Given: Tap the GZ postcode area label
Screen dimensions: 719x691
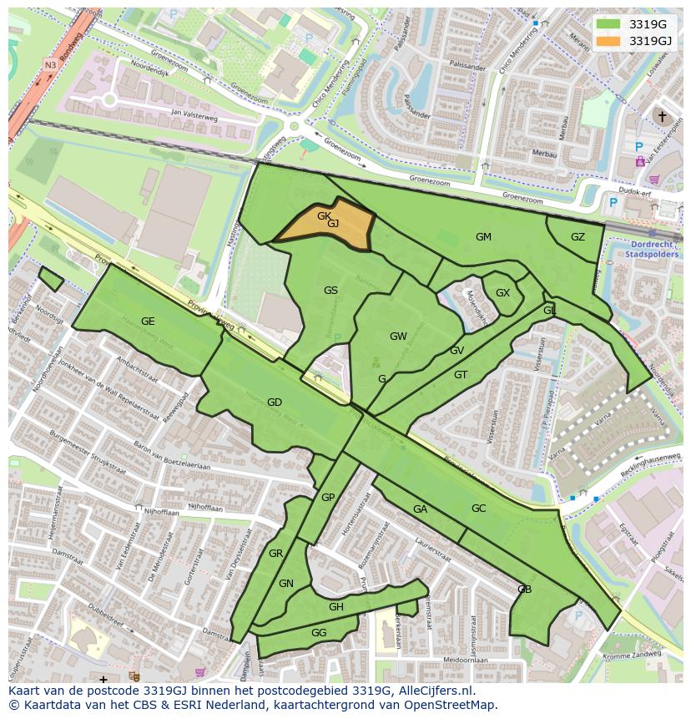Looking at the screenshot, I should click(578, 237).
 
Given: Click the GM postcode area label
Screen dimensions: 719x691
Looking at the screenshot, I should click(483, 237).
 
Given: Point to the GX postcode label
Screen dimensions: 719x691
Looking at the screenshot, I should click(502, 293).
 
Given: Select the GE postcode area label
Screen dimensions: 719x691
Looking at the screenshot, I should click(148, 322).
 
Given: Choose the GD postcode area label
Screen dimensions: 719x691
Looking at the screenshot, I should click(274, 403).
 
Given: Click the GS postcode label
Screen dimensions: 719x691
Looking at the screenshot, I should click(330, 291).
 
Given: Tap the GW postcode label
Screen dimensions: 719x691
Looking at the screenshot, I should click(398, 337).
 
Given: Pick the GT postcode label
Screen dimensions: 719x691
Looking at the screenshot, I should click(461, 375).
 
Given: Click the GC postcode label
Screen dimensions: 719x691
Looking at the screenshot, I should click(478, 509).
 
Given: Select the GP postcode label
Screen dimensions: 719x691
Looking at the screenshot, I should click(328, 498).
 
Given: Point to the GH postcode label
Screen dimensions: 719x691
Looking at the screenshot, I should click(335, 607).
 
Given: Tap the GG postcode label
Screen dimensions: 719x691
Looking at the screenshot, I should click(318, 633).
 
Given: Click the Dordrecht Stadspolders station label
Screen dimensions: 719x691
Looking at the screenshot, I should click(651, 249).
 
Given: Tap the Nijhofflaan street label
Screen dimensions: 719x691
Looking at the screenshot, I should click(205, 507).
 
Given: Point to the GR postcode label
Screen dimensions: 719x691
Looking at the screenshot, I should click(276, 554).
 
